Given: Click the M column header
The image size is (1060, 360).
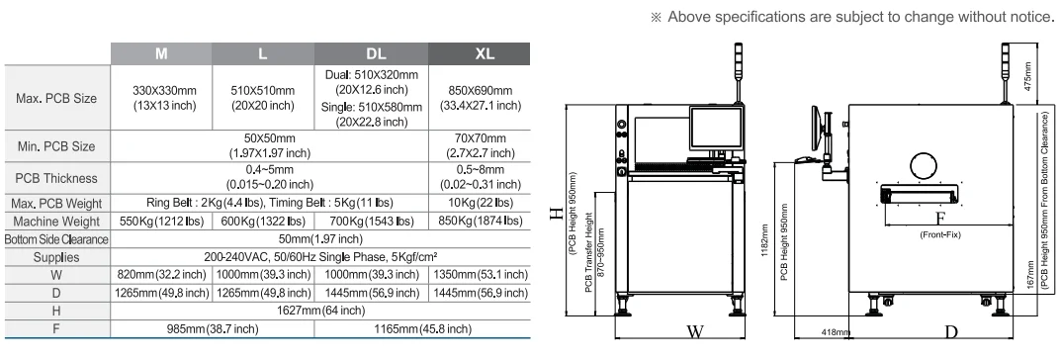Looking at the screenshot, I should tap(158, 53).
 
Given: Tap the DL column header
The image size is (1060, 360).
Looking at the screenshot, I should tap(371, 53).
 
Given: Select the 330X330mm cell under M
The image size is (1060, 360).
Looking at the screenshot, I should tap(158, 98).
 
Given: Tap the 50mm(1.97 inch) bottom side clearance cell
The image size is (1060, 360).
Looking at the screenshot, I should tap(318, 238).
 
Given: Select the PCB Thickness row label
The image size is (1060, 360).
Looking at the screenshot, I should tap(55, 178).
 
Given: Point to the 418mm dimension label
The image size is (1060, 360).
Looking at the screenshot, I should tap(825, 334).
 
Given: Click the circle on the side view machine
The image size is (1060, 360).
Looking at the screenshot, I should tap(927, 166).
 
